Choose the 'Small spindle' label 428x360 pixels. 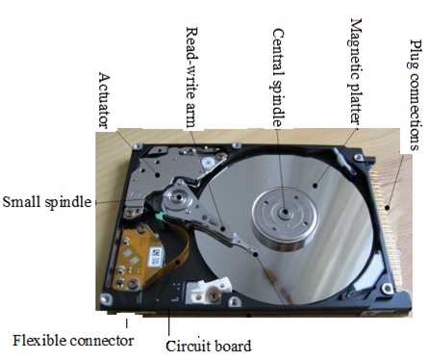[x=48, y=202]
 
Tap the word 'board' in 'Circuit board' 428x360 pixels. [x=232, y=346]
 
